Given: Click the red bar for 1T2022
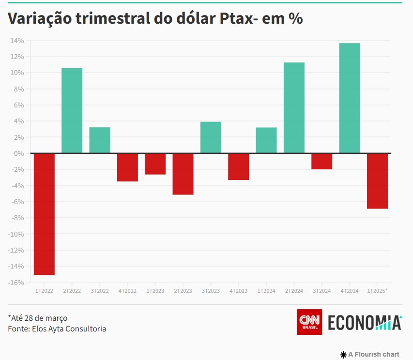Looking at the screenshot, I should (44, 214).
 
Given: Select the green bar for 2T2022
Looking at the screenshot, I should (72, 111).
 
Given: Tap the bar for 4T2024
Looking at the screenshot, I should (349, 98).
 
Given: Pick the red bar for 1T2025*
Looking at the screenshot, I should (377, 181).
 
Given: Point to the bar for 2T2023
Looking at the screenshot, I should (183, 174).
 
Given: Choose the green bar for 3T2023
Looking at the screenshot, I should (211, 137).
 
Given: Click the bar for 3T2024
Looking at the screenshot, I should (321, 161).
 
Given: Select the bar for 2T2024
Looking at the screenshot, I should (294, 108).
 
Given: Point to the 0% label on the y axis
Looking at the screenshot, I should (19, 153).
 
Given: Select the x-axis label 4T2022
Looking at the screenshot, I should (127, 291).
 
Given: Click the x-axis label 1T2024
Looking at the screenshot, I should (266, 291).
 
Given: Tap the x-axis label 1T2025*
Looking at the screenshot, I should (377, 291).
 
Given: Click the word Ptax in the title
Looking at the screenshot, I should (233, 19).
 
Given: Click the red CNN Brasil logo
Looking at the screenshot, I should (309, 322).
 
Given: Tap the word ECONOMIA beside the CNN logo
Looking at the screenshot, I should (365, 323).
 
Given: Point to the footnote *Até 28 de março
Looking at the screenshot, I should (38, 318).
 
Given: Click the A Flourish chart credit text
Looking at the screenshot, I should (373, 354).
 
